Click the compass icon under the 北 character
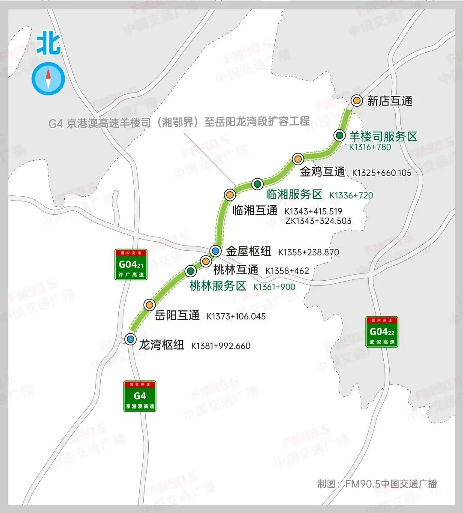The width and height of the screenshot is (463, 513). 48,79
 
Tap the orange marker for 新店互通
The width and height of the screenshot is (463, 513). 357,100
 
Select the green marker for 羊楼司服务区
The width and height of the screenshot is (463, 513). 340,135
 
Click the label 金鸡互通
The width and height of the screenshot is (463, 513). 322,172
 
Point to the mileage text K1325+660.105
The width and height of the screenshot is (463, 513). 382,173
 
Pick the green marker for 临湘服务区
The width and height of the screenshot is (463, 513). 257,184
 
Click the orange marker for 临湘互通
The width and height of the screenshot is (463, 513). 230,195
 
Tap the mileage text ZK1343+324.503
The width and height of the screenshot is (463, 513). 318,221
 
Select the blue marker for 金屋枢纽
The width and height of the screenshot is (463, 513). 216,251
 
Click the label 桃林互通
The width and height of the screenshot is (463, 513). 236,270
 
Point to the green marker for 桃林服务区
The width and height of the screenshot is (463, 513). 191,271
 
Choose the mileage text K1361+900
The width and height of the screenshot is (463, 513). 274,287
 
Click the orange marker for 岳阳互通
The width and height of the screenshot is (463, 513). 149,304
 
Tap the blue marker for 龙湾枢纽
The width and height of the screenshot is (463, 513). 131,339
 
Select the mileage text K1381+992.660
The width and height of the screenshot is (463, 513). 221,346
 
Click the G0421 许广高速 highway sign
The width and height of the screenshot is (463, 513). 131,264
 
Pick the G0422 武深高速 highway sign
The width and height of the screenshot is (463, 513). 382,332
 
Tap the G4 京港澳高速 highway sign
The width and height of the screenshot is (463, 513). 140,396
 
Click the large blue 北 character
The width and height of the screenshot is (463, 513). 48,44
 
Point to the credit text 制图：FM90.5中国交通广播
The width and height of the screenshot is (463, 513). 377,484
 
